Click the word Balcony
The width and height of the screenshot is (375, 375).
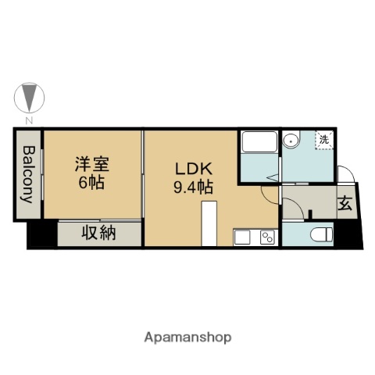tap(28, 173)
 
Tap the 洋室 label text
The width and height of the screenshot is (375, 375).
tap(91, 165)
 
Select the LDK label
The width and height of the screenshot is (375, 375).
tap(189, 170)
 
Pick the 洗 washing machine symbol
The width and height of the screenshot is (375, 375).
tap(323, 140)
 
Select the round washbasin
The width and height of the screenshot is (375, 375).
tap(291, 141)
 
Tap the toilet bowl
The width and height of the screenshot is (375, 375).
tap(319, 233)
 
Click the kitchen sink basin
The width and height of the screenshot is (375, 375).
tap(241, 236)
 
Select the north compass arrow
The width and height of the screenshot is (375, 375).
tap(29, 98)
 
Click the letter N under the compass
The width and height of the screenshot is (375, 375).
tap(29, 120)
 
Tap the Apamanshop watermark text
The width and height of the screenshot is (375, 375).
tap(187, 337)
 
